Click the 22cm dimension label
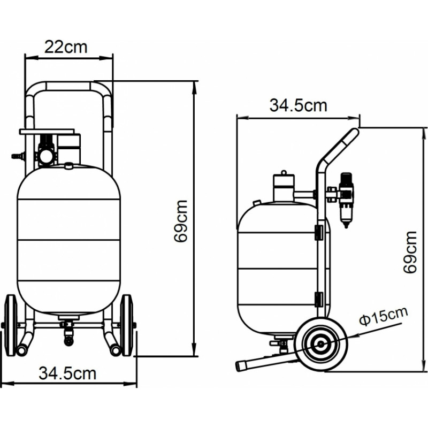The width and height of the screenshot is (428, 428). pyautogui.click(x=66, y=47)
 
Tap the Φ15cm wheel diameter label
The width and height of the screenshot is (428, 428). pyautogui.click(x=384, y=316)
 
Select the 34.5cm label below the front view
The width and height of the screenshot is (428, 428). pyautogui.click(x=67, y=373)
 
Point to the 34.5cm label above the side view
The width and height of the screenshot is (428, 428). pyautogui.click(x=298, y=105)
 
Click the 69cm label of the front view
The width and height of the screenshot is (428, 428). pyautogui.click(x=181, y=221)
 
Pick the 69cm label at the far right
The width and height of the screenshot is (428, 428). pyautogui.click(x=410, y=252)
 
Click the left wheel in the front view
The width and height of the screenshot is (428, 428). pyautogui.click(x=11, y=325)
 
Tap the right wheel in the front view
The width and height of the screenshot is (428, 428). pyautogui.click(x=127, y=325)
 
